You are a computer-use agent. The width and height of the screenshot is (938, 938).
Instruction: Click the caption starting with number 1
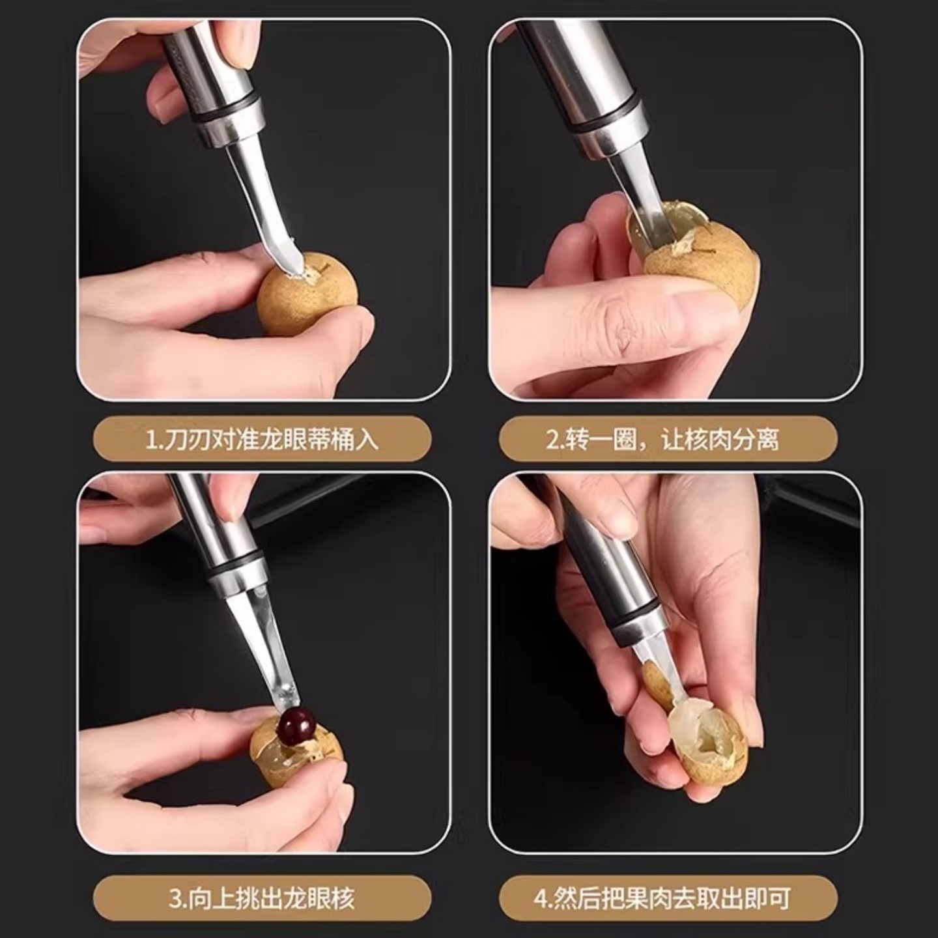[262, 440]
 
